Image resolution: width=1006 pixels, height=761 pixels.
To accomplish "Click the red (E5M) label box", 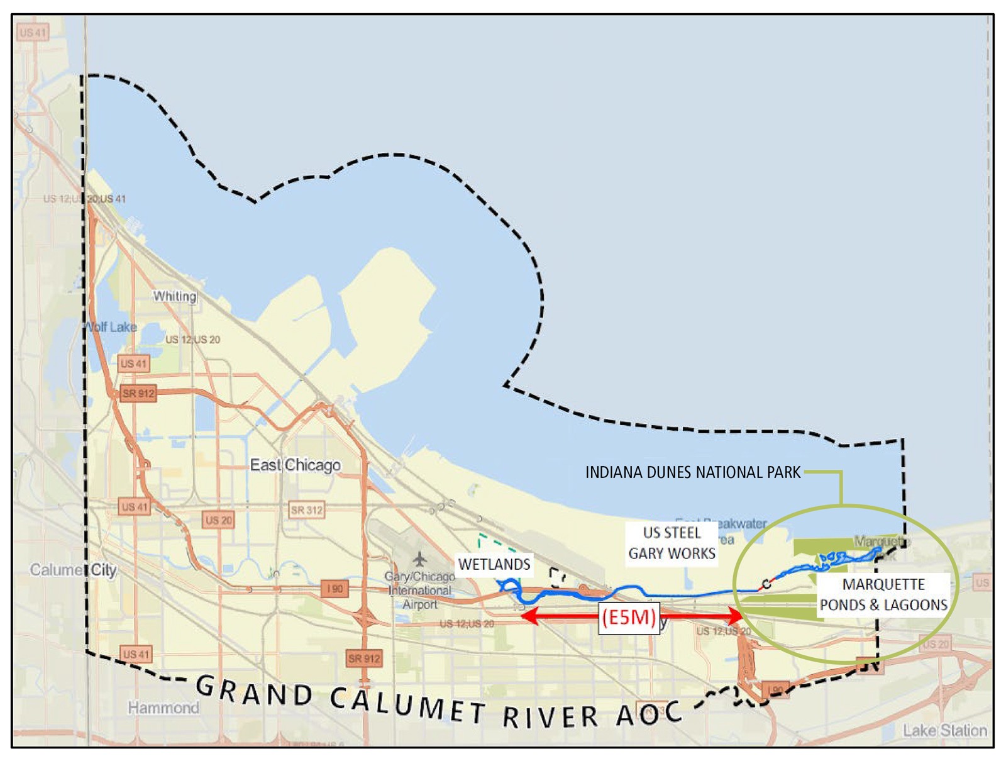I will click(x=629, y=617).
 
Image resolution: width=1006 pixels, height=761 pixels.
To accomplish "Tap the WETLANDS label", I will click(x=494, y=564).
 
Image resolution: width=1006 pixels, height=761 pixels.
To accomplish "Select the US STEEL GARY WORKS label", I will click(x=672, y=543).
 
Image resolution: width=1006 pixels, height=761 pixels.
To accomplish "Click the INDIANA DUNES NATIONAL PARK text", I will click(x=693, y=472).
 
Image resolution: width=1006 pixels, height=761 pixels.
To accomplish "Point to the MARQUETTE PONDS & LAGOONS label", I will click(x=883, y=594).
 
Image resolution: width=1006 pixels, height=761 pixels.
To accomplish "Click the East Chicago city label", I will click(x=296, y=465).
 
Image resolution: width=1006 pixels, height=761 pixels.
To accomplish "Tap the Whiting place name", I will click(x=175, y=296).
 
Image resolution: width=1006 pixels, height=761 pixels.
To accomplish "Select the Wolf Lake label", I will click(x=111, y=327).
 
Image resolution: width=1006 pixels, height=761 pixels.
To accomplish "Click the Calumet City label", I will click(x=74, y=570).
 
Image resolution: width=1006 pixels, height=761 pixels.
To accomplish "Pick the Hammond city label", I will click(x=163, y=708).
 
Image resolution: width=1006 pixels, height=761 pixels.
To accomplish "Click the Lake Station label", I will click(x=944, y=731).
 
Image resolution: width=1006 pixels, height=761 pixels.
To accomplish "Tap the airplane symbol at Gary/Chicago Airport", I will click(x=419, y=558).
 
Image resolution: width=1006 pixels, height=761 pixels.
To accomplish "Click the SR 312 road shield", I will click(x=306, y=510).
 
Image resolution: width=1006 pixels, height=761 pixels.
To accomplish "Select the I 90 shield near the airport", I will click(x=334, y=589).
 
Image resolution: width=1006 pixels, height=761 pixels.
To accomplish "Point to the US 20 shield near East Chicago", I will click(x=219, y=520).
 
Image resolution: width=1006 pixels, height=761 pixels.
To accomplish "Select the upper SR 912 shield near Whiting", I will click(x=138, y=394).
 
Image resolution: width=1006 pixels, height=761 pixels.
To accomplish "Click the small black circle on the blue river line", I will click(x=766, y=584).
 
